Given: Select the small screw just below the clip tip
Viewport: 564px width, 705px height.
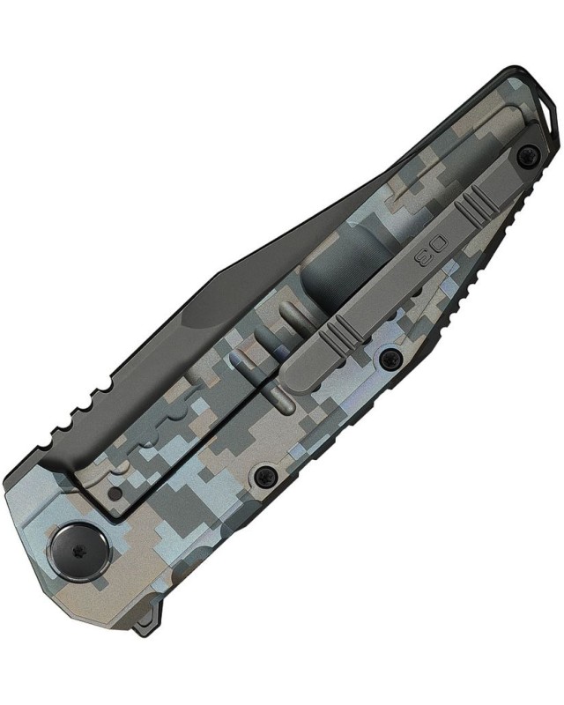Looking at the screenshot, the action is coord(389,358).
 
